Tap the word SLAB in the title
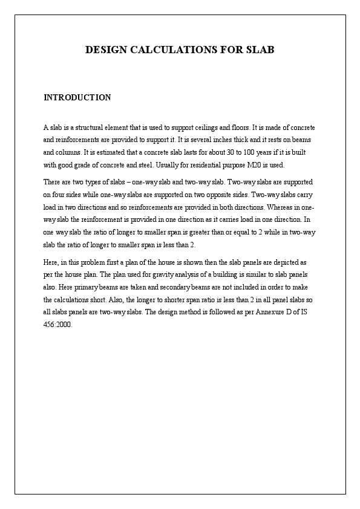click(261, 50)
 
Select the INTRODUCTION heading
click(77, 97)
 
